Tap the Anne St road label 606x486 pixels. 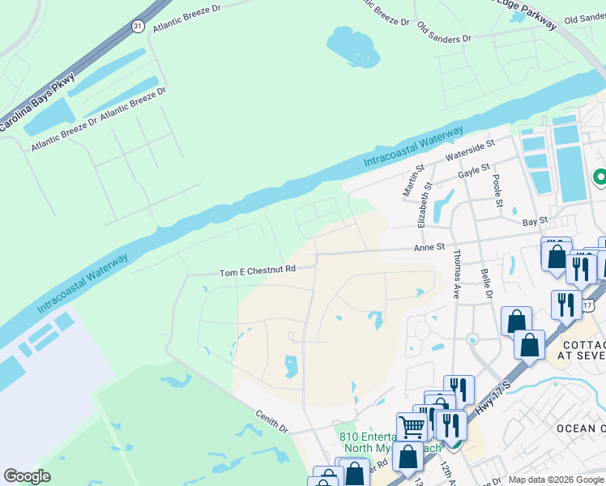430,246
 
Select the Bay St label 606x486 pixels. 536,220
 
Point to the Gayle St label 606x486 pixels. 474,171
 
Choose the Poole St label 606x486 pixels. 496,189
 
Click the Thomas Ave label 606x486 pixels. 457,279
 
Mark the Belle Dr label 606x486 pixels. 486,284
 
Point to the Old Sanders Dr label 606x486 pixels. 444,33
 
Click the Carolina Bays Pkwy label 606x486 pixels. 37,103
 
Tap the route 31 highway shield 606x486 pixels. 139,27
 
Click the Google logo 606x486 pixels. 28,476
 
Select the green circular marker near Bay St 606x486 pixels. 600,177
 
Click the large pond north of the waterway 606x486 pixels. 353,45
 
